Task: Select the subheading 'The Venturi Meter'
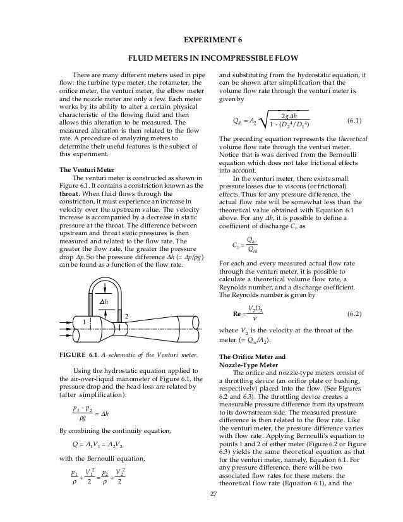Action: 85,169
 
